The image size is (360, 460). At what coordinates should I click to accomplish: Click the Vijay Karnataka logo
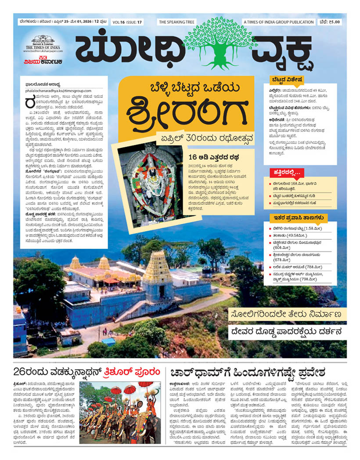coord(43,61)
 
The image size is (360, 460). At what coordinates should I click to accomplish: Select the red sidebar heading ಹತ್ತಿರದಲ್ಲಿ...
coord(286,172)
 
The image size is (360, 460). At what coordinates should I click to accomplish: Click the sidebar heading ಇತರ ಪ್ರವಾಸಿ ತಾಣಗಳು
coord(299,217)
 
